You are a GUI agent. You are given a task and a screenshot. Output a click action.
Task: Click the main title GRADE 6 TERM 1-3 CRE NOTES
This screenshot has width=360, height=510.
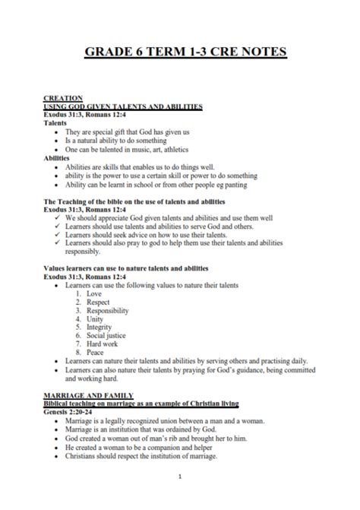(179, 52)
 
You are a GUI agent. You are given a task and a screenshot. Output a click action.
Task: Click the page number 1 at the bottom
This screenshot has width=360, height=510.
(179, 477)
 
